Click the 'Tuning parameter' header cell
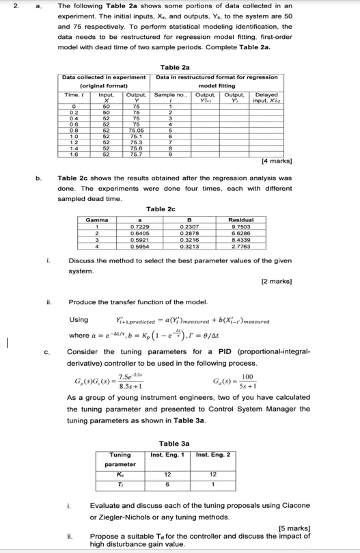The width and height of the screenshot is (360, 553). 121,440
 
